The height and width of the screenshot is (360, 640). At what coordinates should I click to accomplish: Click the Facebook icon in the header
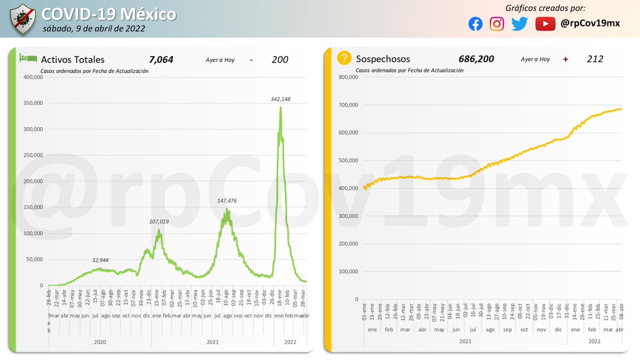475,24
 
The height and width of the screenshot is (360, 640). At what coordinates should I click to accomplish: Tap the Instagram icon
497,24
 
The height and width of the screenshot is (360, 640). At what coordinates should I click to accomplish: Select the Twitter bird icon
519,24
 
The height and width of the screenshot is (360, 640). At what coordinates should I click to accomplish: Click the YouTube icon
545,24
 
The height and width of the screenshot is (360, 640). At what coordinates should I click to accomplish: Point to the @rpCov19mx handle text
590,24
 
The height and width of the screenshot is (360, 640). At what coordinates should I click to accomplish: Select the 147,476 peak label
228,201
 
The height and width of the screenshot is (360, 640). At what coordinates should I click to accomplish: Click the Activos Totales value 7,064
161,60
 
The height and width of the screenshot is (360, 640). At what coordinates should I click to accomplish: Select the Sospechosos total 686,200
476,59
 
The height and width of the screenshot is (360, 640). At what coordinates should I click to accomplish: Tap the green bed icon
28,58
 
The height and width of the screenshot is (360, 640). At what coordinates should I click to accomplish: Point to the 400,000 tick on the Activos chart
33,77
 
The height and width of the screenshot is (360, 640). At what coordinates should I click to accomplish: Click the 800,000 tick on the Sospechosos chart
348,77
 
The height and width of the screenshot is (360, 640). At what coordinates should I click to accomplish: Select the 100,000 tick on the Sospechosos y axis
348,271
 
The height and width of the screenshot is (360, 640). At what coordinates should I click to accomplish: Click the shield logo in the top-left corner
21,19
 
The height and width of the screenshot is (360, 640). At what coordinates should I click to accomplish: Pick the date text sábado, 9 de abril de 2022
93,28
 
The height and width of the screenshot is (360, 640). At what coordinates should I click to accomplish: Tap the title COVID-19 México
109,13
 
